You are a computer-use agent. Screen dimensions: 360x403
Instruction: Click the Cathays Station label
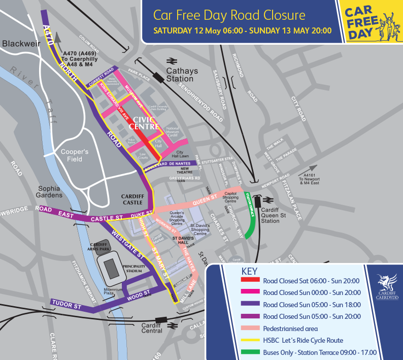click(180, 74)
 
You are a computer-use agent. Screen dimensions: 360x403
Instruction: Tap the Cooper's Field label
click(74, 155)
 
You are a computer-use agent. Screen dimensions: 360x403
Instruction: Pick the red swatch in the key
click(249, 281)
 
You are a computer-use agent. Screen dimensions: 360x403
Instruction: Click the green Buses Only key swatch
click(249, 352)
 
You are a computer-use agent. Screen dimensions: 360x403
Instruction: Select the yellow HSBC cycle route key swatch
click(249, 340)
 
